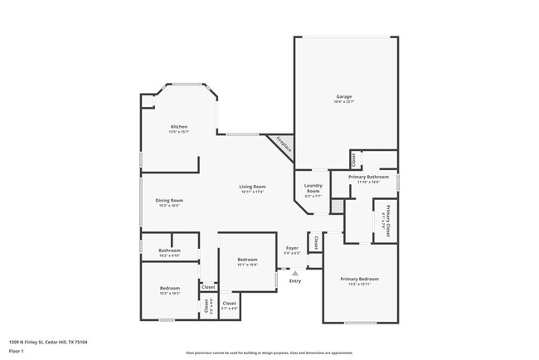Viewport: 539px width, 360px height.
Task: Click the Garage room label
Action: (x=343, y=97)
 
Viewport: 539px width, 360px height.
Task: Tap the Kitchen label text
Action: (x=179, y=127)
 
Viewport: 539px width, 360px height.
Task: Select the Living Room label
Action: (x=253, y=187)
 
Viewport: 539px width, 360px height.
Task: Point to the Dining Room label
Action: (x=169, y=200)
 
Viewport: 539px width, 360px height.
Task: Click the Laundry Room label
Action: (x=313, y=188)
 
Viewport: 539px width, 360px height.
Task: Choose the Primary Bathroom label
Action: (x=368, y=177)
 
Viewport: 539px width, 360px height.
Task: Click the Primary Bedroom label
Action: (x=359, y=279)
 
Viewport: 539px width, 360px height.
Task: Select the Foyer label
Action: (x=292, y=248)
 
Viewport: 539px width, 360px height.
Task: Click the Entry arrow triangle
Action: (x=295, y=271)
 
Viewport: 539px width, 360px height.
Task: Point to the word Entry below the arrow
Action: (x=295, y=281)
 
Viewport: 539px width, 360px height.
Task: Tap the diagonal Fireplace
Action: (x=284, y=145)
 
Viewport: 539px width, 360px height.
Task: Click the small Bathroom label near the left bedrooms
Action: (x=169, y=250)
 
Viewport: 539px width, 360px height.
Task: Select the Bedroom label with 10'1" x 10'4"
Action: (x=247, y=259)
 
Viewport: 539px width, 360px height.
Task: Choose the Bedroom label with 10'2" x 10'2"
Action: (x=169, y=288)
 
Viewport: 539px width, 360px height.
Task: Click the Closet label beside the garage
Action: (x=352, y=158)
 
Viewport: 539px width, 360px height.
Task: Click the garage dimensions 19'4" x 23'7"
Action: (x=343, y=102)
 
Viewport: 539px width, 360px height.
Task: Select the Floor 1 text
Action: (x=17, y=351)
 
